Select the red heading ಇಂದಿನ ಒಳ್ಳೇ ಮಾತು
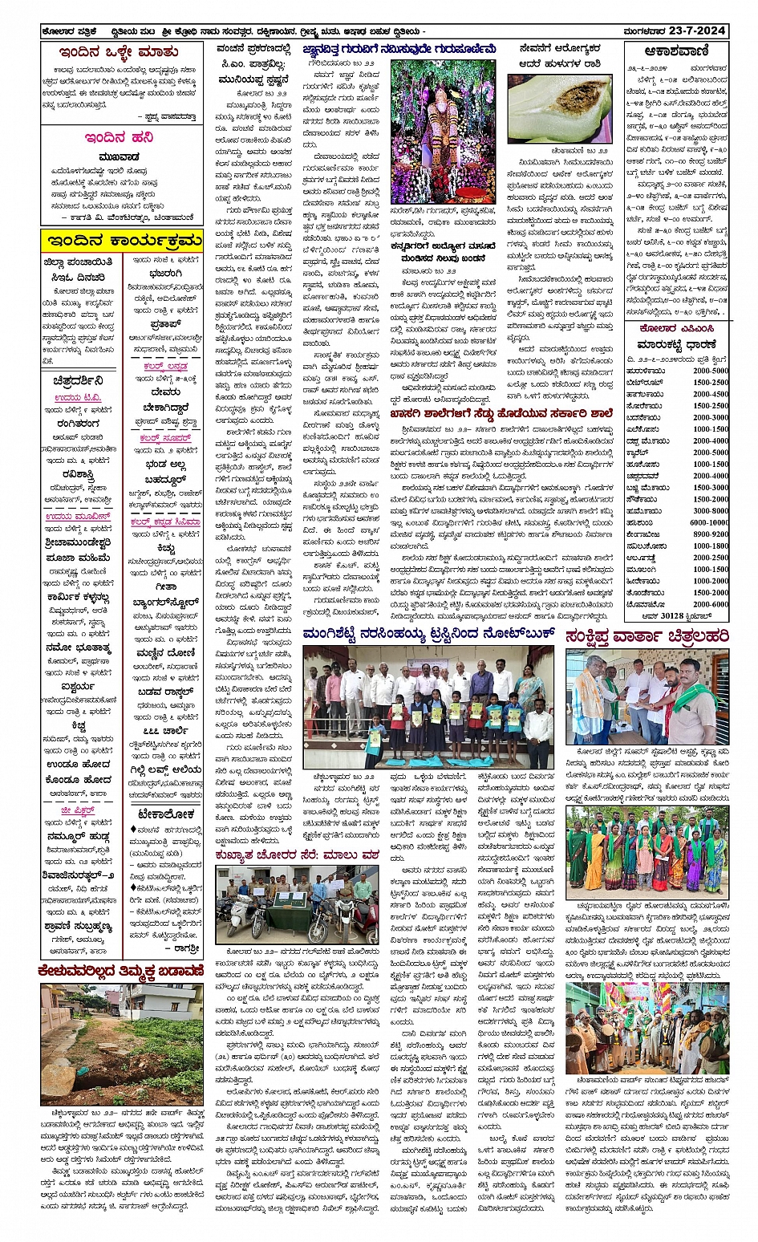[x=122, y=52]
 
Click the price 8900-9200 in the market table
[x=711, y=534]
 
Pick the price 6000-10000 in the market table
[x=709, y=522]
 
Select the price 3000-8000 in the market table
[x=711, y=510]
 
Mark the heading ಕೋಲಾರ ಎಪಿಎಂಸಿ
[x=676, y=329]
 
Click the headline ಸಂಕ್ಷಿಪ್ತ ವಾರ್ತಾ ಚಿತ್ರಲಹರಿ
[x=647, y=636]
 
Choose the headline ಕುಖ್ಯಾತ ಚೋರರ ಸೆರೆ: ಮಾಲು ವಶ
[x=296, y=855]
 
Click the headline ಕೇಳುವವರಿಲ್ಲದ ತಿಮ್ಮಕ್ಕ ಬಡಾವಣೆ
[x=121, y=972]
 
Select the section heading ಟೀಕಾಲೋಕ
[x=165, y=814]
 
